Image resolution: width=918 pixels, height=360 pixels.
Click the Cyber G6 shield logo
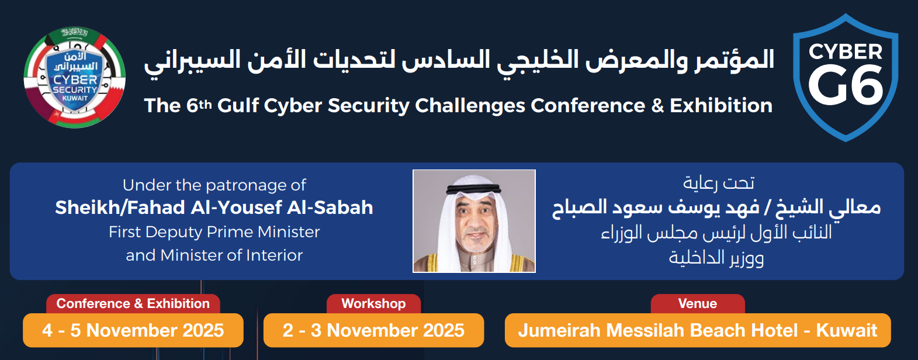846,78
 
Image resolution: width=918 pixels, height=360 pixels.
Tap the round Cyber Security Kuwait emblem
75,77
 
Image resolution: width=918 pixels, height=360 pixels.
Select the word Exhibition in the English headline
721,105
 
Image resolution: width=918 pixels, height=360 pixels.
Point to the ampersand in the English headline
657,106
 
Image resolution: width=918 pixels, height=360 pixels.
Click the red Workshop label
373,303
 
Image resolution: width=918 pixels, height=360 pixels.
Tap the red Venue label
698,303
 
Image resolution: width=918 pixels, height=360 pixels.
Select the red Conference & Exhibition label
133,303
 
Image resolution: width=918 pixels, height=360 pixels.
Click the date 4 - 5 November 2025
133,330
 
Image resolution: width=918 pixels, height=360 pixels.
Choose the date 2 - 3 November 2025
373,330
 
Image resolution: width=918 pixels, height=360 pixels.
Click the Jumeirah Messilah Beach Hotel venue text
698,330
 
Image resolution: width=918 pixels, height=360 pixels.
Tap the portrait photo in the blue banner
474,221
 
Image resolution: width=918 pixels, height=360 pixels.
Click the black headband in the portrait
474,189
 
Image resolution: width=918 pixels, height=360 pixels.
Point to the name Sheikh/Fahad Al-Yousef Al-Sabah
214,207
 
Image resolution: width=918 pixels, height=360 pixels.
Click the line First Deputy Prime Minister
214,232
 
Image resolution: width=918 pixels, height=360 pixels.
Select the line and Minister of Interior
214,255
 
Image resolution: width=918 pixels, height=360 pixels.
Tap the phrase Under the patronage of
214,185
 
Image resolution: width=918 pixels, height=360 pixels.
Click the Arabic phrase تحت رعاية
718,183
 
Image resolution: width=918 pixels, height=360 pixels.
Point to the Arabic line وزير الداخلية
716,258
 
